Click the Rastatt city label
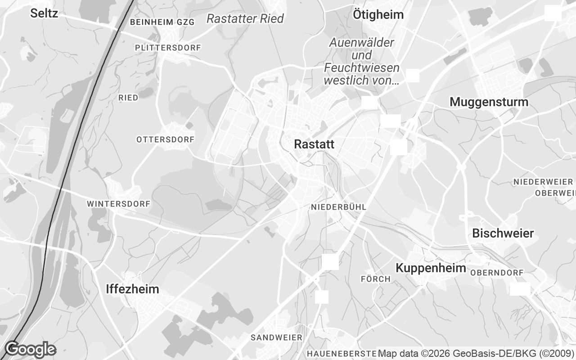(x=314, y=144)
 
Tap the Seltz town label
(x=44, y=13)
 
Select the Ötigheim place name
(x=378, y=14)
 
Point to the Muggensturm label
(x=489, y=102)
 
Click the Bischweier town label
(x=503, y=234)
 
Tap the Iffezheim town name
(x=132, y=289)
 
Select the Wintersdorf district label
(x=118, y=204)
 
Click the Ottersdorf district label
(x=165, y=139)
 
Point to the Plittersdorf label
(x=168, y=47)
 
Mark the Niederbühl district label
(x=338, y=207)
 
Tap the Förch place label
(x=375, y=279)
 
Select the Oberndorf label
(x=497, y=273)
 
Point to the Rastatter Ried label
(x=245, y=18)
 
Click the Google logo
(x=30, y=349)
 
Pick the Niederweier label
(x=543, y=182)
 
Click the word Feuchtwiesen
(x=361, y=68)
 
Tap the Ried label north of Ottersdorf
(x=128, y=97)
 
